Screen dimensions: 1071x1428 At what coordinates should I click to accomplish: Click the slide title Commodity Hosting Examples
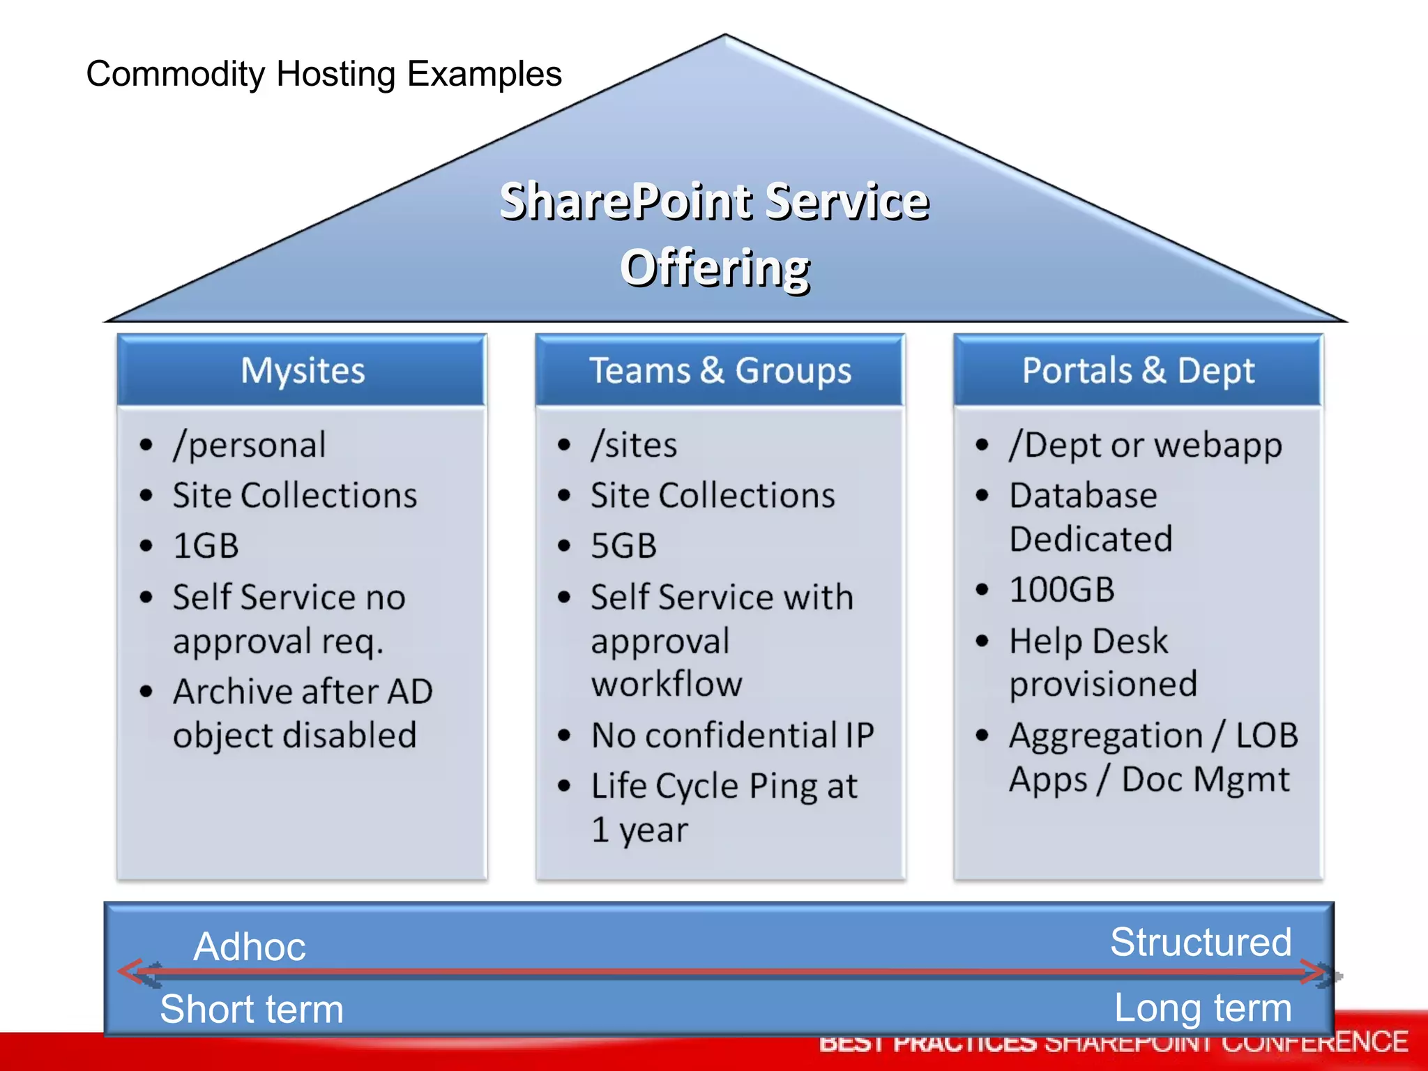[324, 74]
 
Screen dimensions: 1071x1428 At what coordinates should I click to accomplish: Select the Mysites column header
[302, 370]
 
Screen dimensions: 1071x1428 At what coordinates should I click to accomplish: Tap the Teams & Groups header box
[720, 370]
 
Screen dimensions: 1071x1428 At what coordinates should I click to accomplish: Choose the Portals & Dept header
[1138, 370]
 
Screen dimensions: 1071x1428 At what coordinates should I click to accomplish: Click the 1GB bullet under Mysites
[206, 546]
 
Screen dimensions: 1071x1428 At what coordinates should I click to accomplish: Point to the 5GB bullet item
[623, 546]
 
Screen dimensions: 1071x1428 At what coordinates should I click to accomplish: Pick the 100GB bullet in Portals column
[1061, 590]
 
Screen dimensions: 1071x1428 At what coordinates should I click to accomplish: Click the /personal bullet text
[250, 445]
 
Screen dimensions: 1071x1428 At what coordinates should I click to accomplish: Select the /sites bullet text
[634, 445]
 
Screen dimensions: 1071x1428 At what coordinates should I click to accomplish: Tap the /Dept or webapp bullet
[1145, 445]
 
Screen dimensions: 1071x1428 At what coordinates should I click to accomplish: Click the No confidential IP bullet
[732, 736]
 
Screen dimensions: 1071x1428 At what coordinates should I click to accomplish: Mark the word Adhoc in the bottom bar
[250, 946]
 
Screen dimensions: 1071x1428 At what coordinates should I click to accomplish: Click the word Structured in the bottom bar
[1201, 942]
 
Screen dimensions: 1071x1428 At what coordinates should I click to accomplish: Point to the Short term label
[252, 1009]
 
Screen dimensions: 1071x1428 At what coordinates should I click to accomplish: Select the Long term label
[1203, 1008]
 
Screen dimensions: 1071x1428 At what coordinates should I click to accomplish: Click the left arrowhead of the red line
[130, 971]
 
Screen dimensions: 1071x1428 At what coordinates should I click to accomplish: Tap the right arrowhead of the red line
[1314, 971]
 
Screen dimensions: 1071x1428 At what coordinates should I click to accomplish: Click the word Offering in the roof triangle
[715, 268]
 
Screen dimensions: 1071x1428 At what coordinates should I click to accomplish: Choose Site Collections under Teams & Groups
[713, 496]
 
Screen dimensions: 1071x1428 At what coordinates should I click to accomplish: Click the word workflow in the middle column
[667, 684]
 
